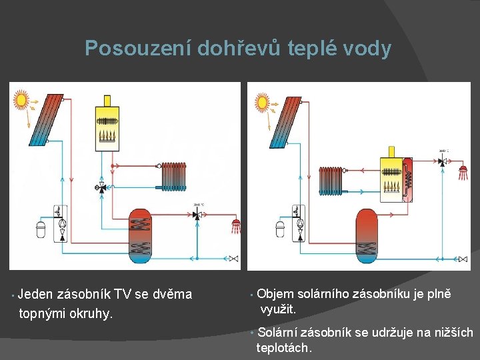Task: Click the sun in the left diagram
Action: (21, 101)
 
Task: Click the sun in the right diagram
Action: (262, 102)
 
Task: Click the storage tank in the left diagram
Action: (140, 236)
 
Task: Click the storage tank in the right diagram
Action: (366, 236)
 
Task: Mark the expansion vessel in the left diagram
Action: (41, 231)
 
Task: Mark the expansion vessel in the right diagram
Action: (281, 231)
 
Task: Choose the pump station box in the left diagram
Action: (61, 222)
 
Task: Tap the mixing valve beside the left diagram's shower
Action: (197, 215)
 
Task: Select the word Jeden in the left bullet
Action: (35, 294)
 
